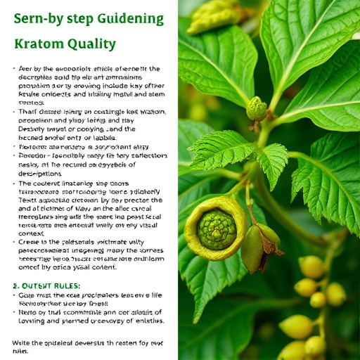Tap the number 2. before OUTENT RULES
[17, 286]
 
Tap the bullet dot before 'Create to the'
[15, 241]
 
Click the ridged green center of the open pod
[217, 229]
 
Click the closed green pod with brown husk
[255, 248]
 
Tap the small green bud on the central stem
[256, 109]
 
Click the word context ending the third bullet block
[31, 233]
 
